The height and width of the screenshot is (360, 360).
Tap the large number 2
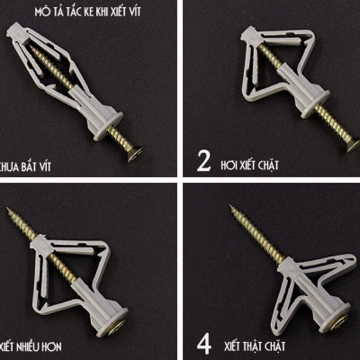(x=203, y=161)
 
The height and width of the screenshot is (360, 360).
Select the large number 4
(x=204, y=343)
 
